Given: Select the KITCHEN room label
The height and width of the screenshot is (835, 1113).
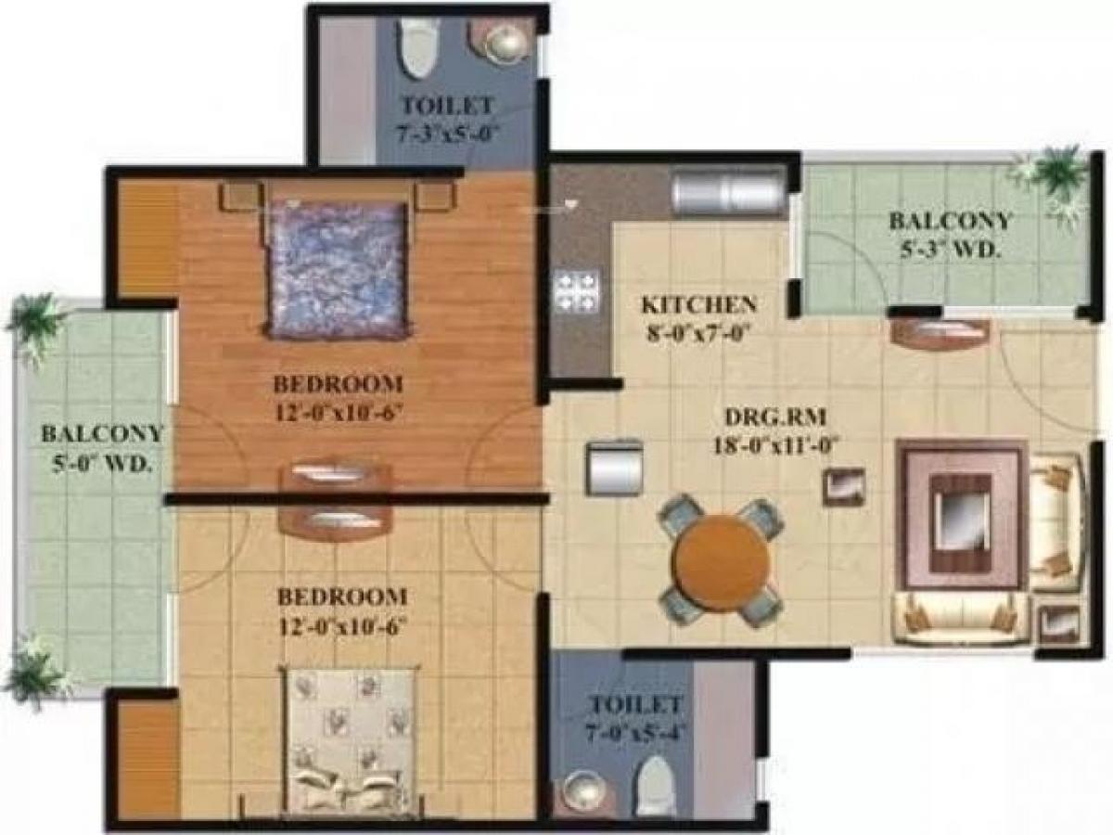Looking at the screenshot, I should coord(698,304).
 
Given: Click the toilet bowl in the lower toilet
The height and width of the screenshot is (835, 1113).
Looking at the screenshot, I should coord(656,779).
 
